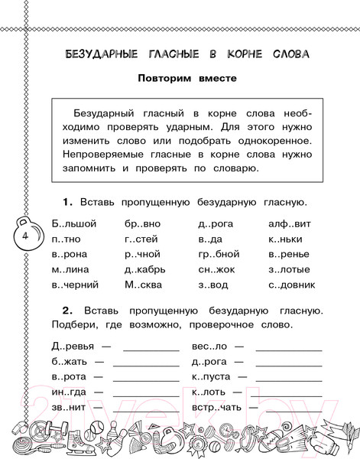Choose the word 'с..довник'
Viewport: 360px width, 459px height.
(x=292, y=285)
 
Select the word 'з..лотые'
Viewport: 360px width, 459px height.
(x=290, y=269)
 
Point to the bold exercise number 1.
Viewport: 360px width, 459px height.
(x=66, y=202)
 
